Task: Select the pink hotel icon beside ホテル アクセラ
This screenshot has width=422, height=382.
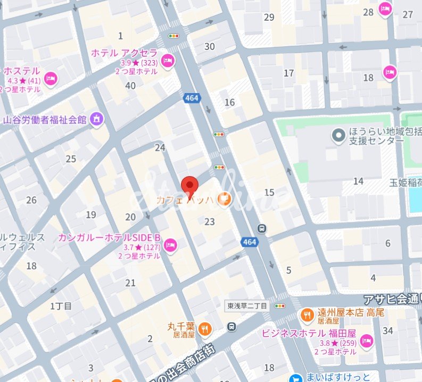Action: pyautogui.click(x=168, y=60)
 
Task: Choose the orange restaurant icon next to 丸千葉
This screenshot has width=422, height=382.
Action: pyautogui.click(x=205, y=330)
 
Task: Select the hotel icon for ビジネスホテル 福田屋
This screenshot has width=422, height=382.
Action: pyautogui.click(x=366, y=341)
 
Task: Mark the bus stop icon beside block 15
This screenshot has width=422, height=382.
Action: pyautogui.click(x=262, y=228)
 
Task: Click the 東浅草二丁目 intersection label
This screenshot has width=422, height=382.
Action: pyautogui.click(x=249, y=306)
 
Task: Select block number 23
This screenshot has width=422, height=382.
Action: pyautogui.click(x=209, y=222)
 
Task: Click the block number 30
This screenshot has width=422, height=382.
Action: pyautogui.click(x=210, y=47)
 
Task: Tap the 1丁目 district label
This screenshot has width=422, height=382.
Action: pyautogui.click(x=61, y=305)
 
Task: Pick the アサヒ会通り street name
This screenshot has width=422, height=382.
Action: pyautogui.click(x=392, y=299)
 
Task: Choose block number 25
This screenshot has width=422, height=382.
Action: pyautogui.click(x=71, y=159)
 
